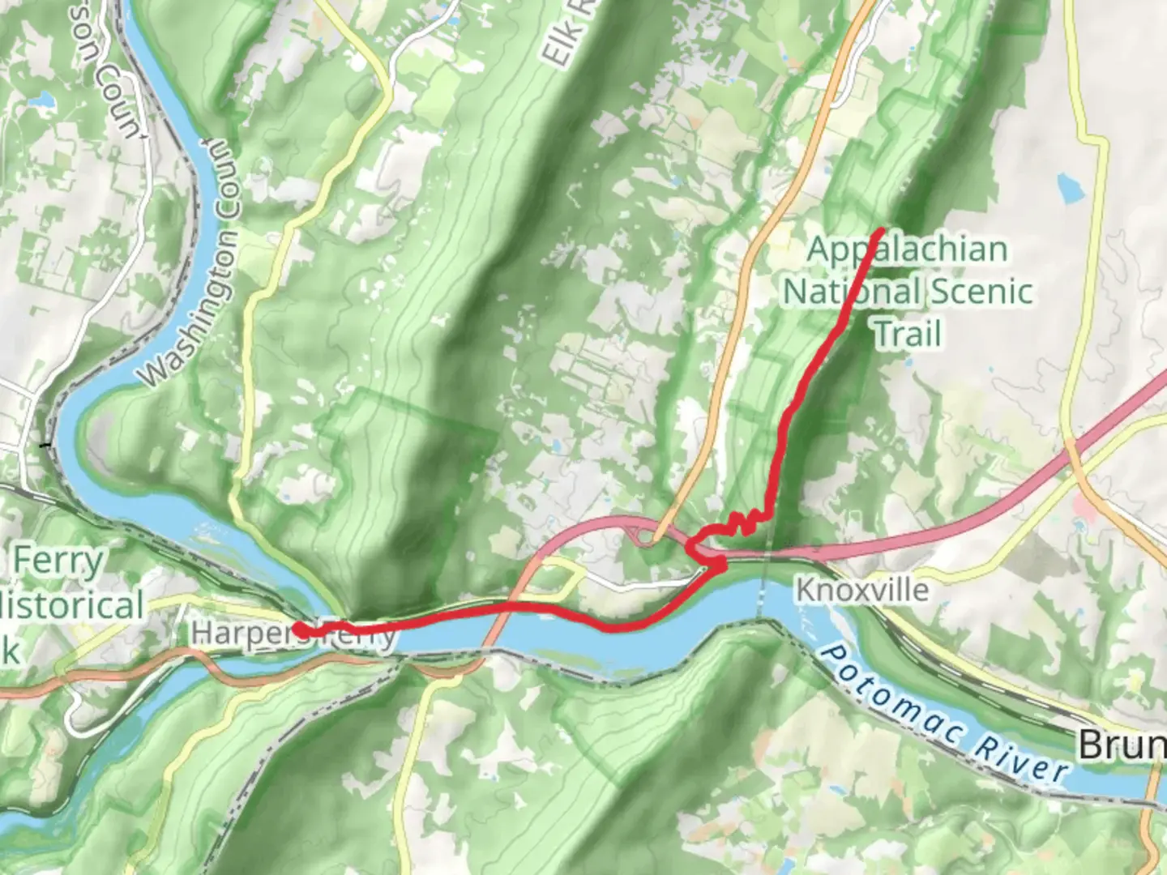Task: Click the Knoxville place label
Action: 861,589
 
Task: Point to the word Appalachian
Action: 908,249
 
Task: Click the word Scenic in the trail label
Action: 979,291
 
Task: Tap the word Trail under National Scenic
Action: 908,333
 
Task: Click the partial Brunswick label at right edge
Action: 1122,744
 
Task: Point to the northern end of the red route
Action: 881,233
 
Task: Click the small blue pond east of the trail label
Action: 1069,188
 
